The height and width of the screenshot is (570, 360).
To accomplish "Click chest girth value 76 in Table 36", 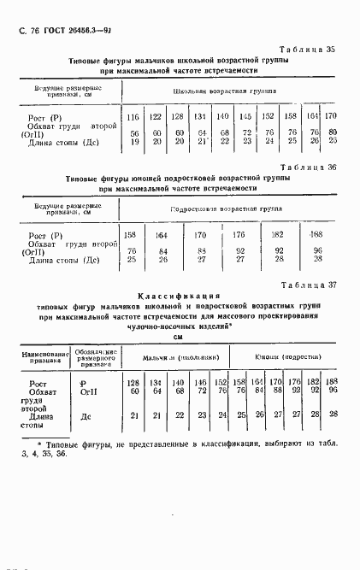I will point(132,250).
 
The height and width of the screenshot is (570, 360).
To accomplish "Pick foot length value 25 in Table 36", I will point(132,258).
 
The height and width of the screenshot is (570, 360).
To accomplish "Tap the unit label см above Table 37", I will point(179,337).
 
